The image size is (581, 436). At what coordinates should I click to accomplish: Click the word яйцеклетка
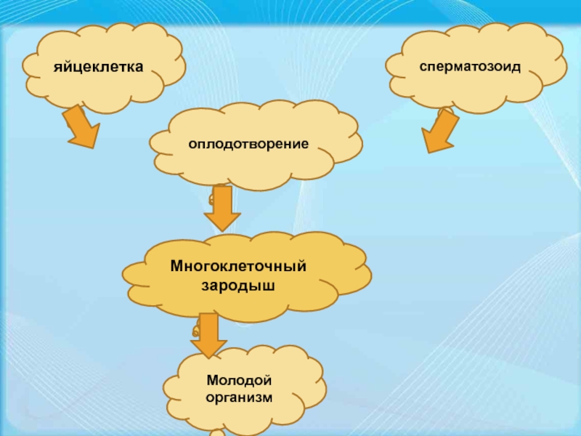[98, 68]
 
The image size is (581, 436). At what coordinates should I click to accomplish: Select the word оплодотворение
[248, 144]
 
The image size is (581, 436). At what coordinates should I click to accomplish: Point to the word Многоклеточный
[238, 267]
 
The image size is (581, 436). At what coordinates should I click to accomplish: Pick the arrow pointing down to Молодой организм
[208, 334]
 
